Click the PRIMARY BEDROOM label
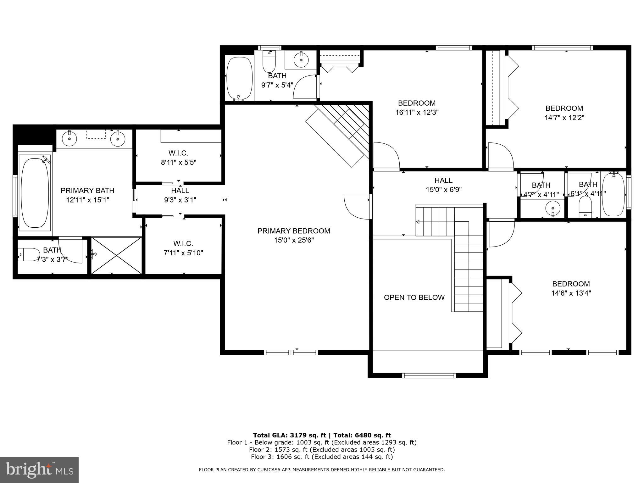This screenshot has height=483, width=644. tap(294, 231)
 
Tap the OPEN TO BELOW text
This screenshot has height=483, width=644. tap(414, 297)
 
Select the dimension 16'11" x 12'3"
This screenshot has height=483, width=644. tap(417, 112)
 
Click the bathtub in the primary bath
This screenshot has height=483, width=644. tap(35, 193)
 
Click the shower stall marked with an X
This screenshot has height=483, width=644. tap(117, 255)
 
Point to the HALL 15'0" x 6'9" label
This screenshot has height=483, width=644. tap(443, 185)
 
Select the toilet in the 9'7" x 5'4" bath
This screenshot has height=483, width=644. tap(269, 62)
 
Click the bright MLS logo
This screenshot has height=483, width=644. tap(39, 469)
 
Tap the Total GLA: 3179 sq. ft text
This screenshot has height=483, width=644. tap(289, 435)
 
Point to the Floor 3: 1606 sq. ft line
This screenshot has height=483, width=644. tap(322, 457)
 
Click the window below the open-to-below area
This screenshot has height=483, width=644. tap(429, 375)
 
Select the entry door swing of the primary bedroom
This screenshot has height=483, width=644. tap(357, 206)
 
